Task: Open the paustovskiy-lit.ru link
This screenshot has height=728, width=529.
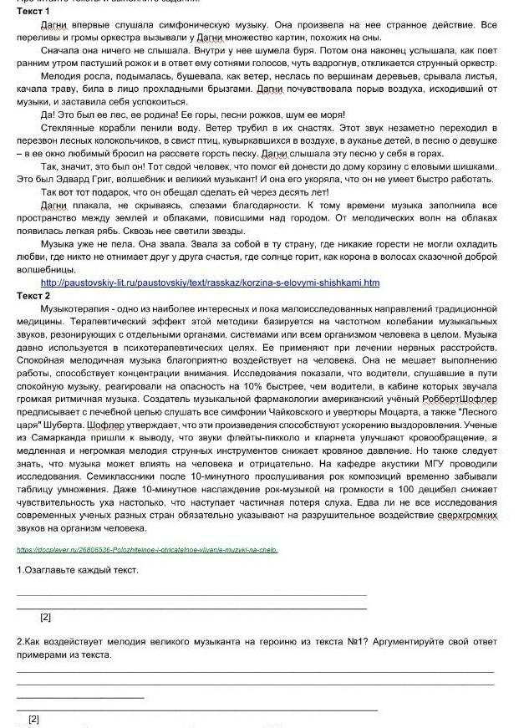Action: [x=210, y=283]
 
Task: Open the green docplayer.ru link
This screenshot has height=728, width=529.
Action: [x=146, y=549]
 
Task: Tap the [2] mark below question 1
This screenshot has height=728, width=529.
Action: [x=46, y=617]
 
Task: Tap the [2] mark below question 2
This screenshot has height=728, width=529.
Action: [x=34, y=718]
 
